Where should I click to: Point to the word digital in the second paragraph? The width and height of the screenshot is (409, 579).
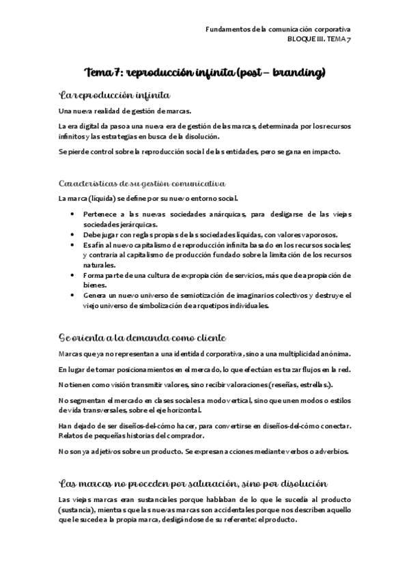[89, 126]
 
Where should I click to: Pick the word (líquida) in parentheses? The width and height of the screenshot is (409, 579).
[100, 199]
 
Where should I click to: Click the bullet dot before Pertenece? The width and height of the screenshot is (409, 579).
[73, 214]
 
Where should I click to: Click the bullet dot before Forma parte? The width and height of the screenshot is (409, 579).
[73, 275]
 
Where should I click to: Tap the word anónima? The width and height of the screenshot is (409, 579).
[331, 353]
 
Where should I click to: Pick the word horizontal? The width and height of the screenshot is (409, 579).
[182, 411]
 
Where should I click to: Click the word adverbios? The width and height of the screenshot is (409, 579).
[330, 451]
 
